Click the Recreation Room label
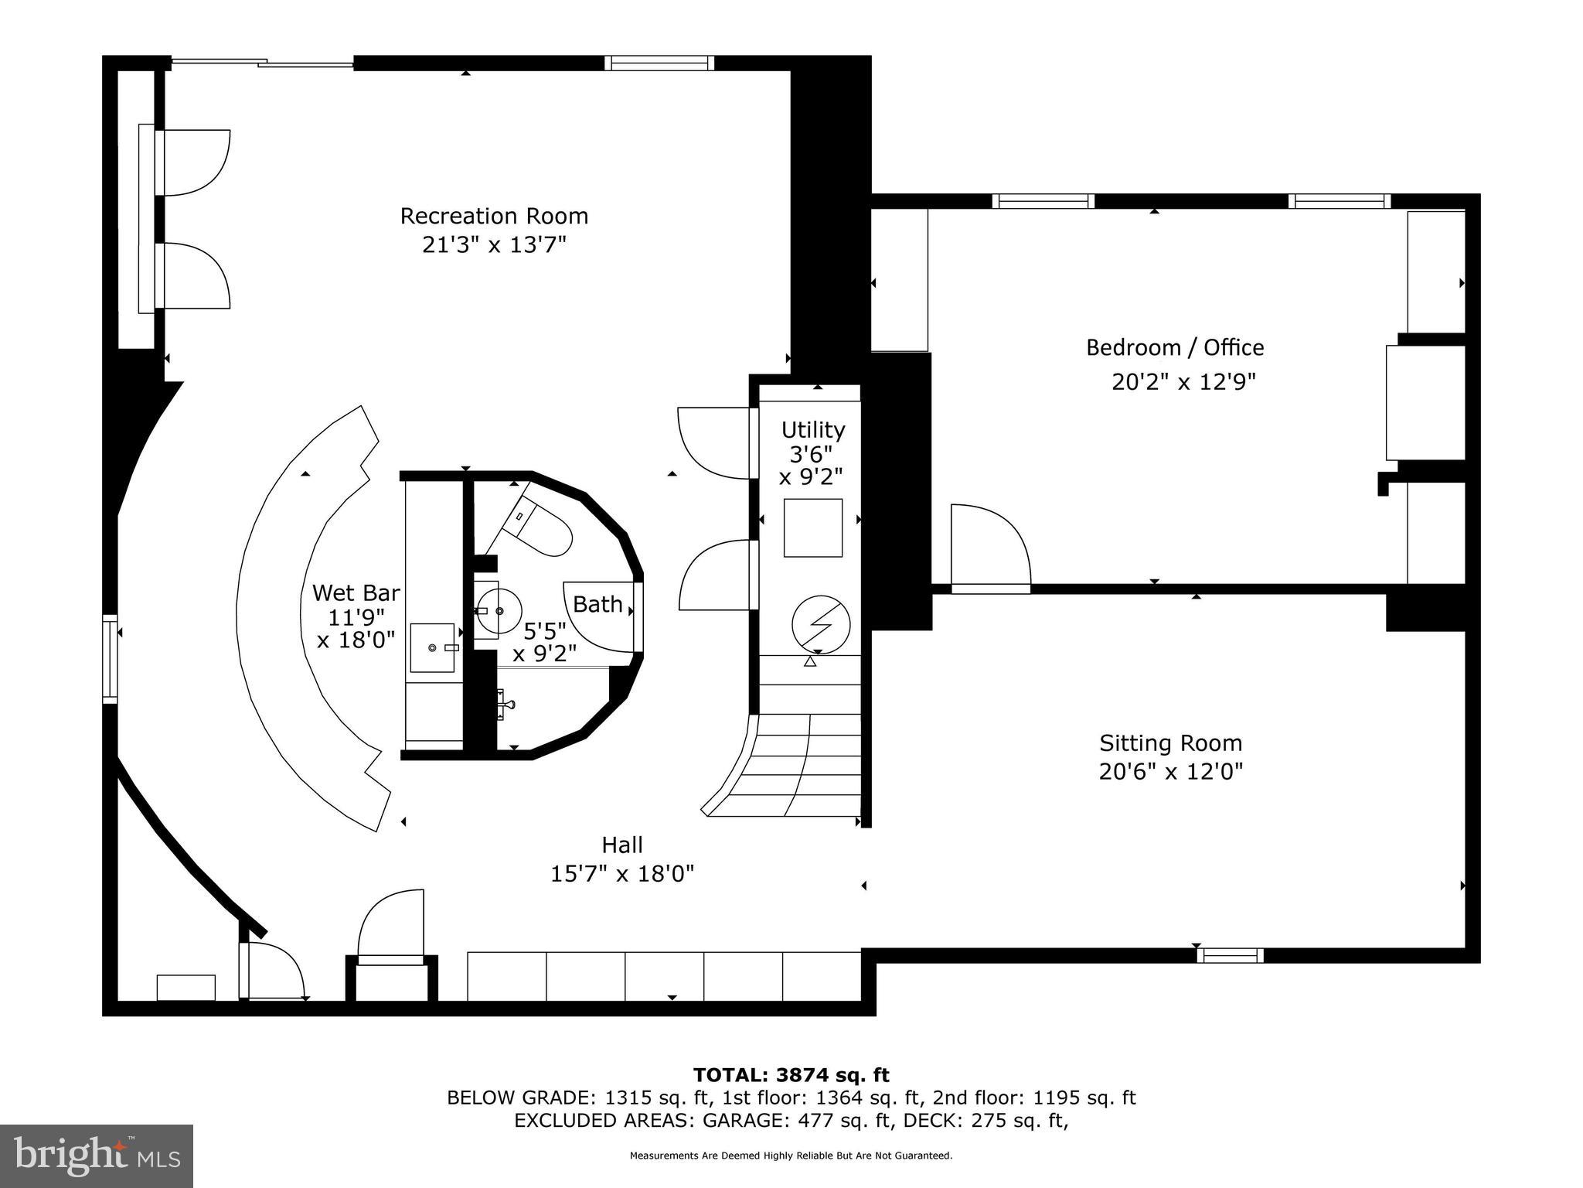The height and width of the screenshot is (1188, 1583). (x=494, y=216)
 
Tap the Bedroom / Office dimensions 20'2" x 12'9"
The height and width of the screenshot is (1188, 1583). (x=1183, y=382)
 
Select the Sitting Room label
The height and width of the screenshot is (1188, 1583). (x=1170, y=743)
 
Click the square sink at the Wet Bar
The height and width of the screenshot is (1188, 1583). (x=432, y=647)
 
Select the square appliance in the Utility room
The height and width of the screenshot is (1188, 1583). (x=812, y=527)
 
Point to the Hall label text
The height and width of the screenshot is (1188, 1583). (x=622, y=845)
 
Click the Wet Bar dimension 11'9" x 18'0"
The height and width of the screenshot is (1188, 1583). (x=356, y=628)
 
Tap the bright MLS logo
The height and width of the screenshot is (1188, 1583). (x=97, y=1156)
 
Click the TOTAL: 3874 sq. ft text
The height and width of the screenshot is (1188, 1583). (x=791, y=1075)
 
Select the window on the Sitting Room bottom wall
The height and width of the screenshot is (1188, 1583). (x=1230, y=955)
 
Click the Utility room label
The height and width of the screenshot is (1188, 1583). (x=812, y=429)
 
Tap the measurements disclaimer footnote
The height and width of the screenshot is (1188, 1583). (x=791, y=1156)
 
